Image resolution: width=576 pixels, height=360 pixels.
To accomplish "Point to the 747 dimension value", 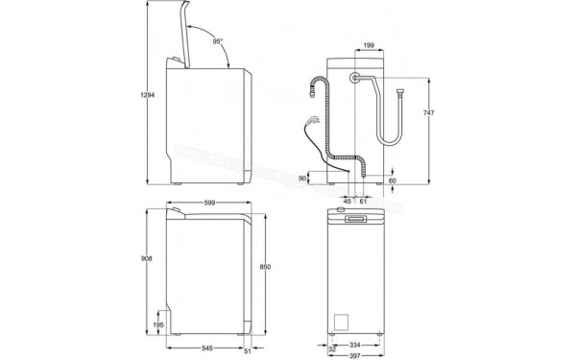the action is click(x=433, y=113).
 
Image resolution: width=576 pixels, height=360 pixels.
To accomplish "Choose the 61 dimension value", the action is click(x=364, y=202).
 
